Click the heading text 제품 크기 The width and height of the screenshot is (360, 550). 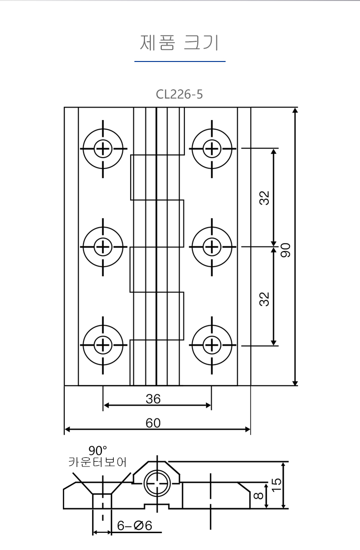tap(180, 43)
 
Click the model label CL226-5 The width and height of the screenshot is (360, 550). tap(180, 94)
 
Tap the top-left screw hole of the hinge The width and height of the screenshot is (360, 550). tap(103, 149)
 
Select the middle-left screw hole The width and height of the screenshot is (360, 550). tap(103, 247)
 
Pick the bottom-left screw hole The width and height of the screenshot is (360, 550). tap(103, 345)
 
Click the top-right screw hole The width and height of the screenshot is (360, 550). tap(212, 149)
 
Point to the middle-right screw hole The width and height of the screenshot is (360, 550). tap(212, 247)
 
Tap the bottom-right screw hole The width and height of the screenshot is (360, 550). tap(212, 345)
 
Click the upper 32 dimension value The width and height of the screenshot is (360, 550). tap(264, 198)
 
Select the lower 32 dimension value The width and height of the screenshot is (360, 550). tap(264, 299)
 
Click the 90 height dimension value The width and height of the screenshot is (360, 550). tap(286, 250)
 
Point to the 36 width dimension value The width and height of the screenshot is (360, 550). tap(153, 399)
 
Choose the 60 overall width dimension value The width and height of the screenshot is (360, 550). tap(153, 423)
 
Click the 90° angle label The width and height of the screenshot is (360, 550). tap(98, 451)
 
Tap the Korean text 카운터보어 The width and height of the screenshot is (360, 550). tap(97, 462)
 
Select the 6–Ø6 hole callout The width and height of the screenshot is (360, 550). tap(134, 526)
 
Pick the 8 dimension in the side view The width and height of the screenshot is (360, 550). tap(258, 496)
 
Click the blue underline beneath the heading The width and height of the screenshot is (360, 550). tap(180, 61)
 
